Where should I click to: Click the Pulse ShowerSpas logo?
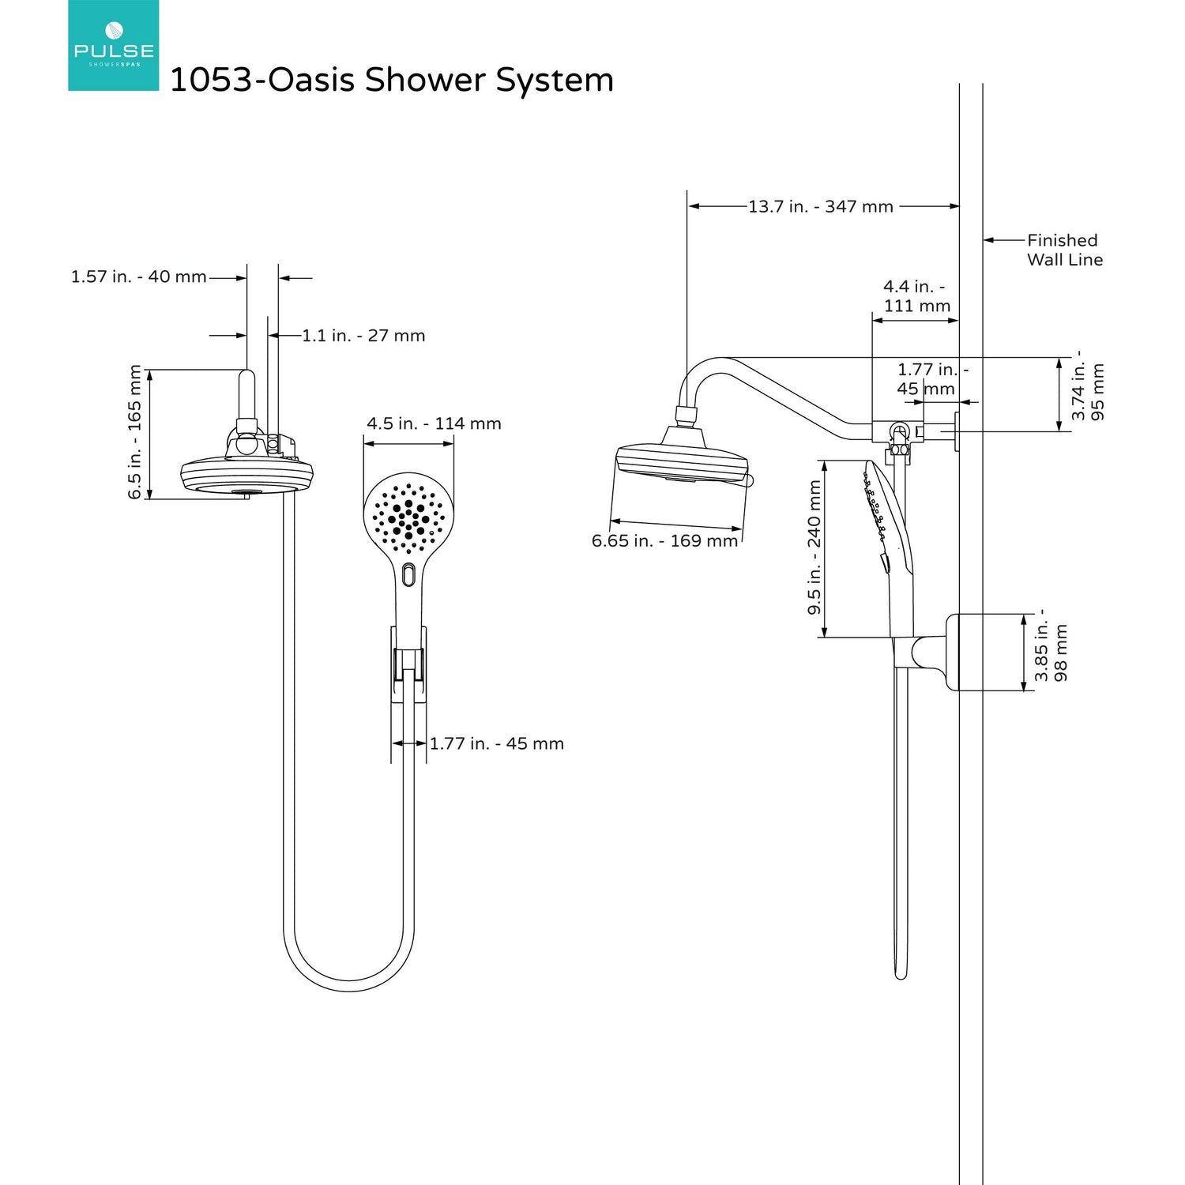pyautogui.click(x=113, y=45)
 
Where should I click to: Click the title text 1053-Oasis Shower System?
pyautogui.click(x=392, y=80)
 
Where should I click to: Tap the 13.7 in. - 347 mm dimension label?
pyautogui.click(x=820, y=206)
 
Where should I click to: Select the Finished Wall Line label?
pyautogui.click(x=1063, y=250)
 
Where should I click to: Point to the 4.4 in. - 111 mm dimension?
pyautogui.click(x=916, y=296)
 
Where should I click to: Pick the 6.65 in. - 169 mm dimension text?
pyautogui.click(x=664, y=541)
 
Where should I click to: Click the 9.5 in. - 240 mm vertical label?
pyautogui.click(x=814, y=547)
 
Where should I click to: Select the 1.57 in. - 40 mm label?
pyautogui.click(x=138, y=277)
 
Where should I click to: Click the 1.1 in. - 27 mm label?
pyautogui.click(x=363, y=336)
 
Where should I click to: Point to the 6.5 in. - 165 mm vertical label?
pyautogui.click(x=135, y=431)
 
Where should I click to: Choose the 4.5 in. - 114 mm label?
pyautogui.click(x=434, y=423)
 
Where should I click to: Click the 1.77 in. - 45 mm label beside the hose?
pyautogui.click(x=496, y=743)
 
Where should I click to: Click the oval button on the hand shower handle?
pyautogui.click(x=408, y=574)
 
